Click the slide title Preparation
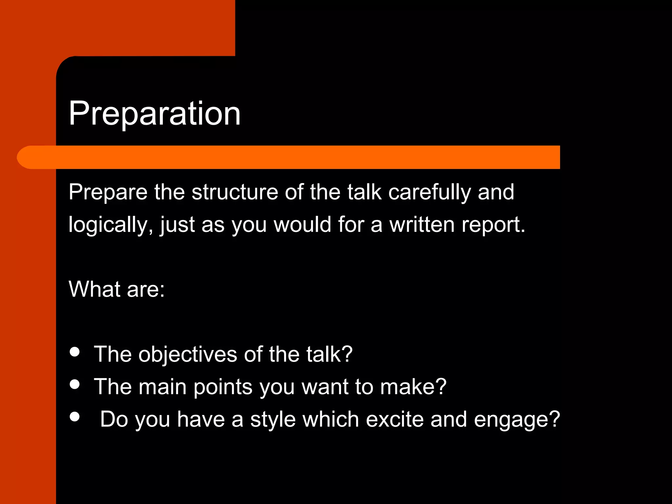155,114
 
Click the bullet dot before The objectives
75,352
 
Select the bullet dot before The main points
75,384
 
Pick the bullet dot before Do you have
75,416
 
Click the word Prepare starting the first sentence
108,193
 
